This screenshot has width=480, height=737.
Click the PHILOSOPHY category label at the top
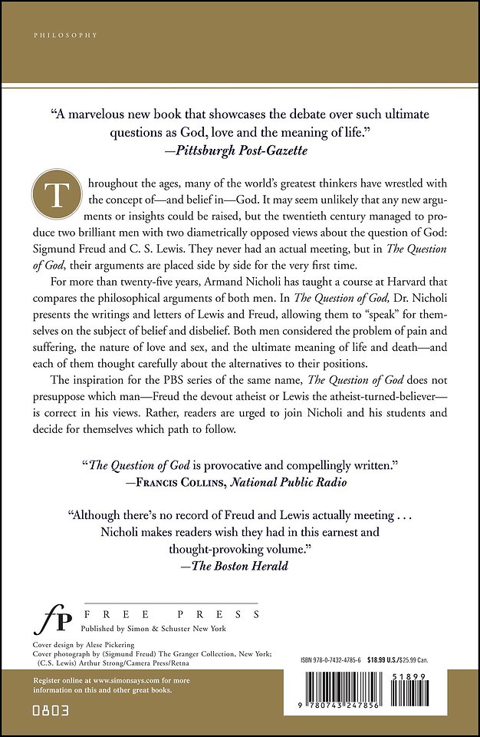pos(55,35)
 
